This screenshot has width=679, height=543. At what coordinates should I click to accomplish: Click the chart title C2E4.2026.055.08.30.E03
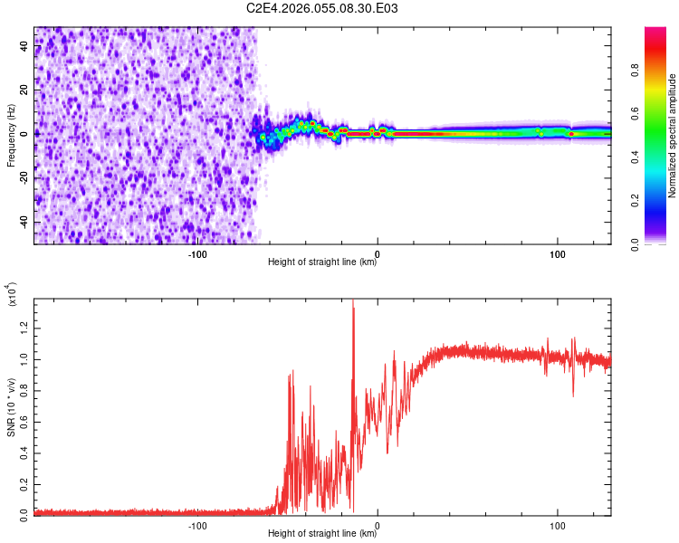[x=322, y=9]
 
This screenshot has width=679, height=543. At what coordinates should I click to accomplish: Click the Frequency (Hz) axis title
[x=12, y=136]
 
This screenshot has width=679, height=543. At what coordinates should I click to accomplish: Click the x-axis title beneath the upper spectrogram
[x=322, y=262]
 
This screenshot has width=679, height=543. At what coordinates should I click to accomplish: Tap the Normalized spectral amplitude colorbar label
[x=673, y=136]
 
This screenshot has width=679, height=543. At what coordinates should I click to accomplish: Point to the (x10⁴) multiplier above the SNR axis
[x=12, y=295]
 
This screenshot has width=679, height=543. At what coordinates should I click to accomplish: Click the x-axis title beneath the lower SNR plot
[x=322, y=534]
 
